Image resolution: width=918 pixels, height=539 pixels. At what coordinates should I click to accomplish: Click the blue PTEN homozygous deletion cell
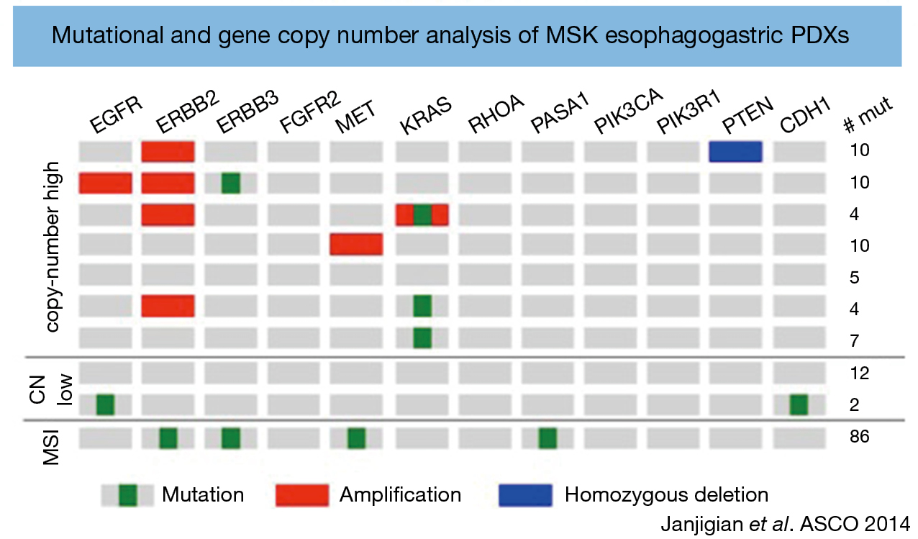click(x=735, y=152)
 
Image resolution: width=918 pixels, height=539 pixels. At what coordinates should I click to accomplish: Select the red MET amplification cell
click(x=356, y=244)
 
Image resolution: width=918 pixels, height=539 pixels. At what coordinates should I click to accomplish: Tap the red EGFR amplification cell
click(x=105, y=184)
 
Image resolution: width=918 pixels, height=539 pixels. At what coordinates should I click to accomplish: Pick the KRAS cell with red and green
click(x=422, y=214)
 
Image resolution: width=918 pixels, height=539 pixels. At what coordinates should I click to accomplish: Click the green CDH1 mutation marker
click(x=799, y=404)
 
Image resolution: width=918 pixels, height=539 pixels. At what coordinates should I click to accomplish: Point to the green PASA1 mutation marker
click(x=547, y=438)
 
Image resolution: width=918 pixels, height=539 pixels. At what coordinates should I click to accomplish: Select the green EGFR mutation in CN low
click(x=105, y=404)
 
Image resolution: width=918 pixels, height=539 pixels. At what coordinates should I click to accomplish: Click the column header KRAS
click(x=426, y=116)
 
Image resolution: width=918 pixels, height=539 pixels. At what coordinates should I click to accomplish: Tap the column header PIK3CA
click(x=628, y=111)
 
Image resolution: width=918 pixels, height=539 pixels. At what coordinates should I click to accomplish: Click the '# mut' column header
click(x=868, y=115)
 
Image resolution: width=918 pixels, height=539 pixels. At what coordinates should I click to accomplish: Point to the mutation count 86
click(x=860, y=437)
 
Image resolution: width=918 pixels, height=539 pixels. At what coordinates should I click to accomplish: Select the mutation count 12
click(x=860, y=373)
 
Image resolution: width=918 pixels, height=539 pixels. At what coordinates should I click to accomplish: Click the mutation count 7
click(x=855, y=341)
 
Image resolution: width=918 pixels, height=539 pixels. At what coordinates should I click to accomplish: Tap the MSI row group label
click(x=52, y=447)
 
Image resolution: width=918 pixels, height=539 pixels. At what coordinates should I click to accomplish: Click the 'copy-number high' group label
click(x=53, y=247)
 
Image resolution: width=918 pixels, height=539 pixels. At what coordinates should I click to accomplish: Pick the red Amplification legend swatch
click(x=302, y=495)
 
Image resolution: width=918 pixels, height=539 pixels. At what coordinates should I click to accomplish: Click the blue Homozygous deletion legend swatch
click(x=525, y=495)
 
